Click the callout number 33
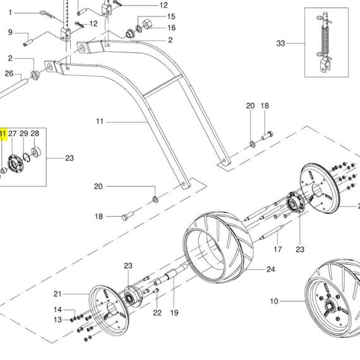click(x=281, y=43)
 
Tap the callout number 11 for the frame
click(x=100, y=121)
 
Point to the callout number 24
click(x=271, y=269)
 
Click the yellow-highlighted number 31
click(x=3, y=133)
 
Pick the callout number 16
click(x=172, y=28)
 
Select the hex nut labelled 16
click(x=147, y=25)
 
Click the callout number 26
click(x=9, y=73)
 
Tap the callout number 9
click(x=10, y=32)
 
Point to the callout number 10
click(x=274, y=301)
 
